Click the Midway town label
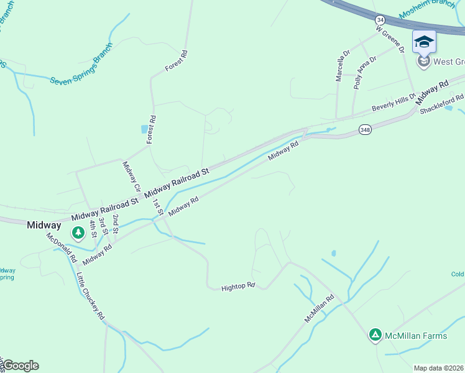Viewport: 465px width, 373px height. pyautogui.click(x=44, y=225)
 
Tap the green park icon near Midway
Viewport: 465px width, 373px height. pyautogui.click(x=78, y=233)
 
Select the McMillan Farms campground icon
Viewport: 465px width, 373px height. pyautogui.click(x=375, y=336)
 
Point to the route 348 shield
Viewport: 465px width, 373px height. pyautogui.click(x=365, y=129)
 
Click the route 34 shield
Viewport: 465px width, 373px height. pyautogui.click(x=380, y=20)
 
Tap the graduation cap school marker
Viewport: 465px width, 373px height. pyautogui.click(x=424, y=42)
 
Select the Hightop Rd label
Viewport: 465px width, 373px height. pyautogui.click(x=239, y=287)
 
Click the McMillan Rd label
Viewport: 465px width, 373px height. pyautogui.click(x=319, y=308)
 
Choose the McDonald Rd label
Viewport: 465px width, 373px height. pyautogui.click(x=61, y=247)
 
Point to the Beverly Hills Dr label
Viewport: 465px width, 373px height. pyautogui.click(x=393, y=104)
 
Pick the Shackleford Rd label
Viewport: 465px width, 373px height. pyautogui.click(x=442, y=103)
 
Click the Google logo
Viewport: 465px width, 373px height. pyautogui.click(x=21, y=366)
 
